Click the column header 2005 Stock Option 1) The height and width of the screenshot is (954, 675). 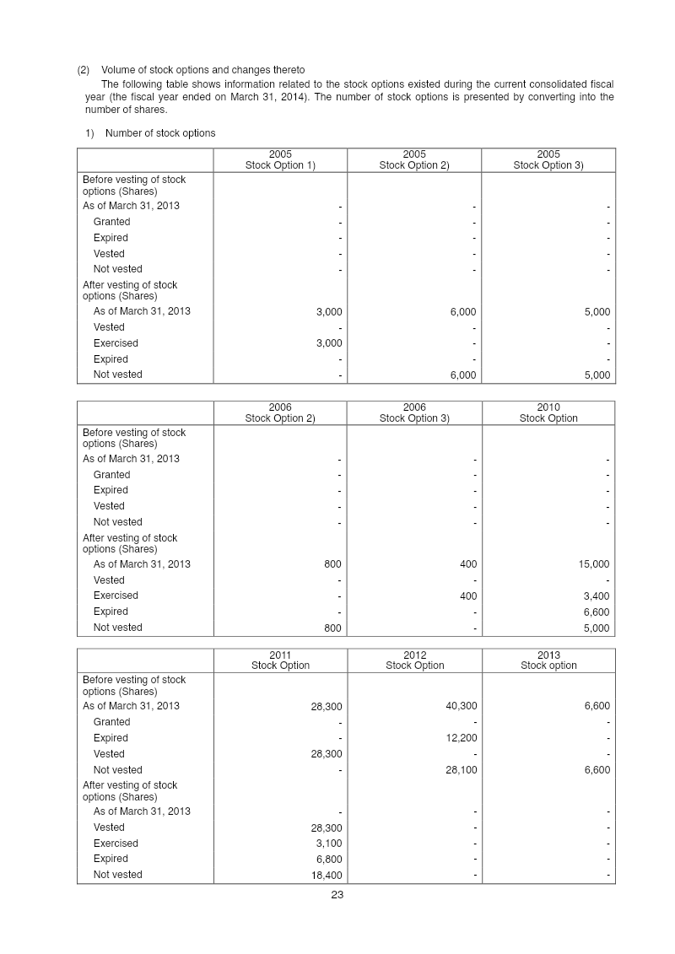280,160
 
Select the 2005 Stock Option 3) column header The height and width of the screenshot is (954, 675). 548,160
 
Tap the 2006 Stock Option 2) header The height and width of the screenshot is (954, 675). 280,412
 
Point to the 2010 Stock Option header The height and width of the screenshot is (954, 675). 548,412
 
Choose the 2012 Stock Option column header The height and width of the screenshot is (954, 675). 414,660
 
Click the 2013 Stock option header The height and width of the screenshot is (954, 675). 548,660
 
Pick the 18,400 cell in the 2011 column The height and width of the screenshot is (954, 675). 325,876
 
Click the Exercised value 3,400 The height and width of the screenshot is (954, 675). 595,596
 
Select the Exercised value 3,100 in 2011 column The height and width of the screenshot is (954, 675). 328,844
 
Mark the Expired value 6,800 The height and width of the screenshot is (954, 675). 328,860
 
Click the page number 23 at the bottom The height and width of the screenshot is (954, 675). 337,896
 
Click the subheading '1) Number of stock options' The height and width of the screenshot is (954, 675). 150,133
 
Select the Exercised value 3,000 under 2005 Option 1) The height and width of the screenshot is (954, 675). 328,343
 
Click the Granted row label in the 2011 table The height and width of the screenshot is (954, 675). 111,722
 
